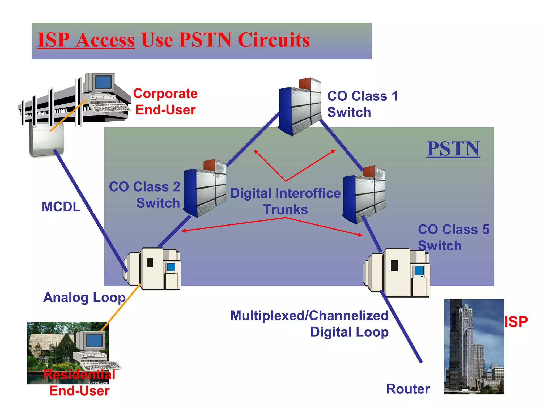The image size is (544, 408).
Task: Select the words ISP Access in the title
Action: pyautogui.click(x=86, y=40)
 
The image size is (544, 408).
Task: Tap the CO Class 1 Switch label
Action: pyautogui.click(x=362, y=104)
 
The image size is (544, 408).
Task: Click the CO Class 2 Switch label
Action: pyautogui.click(x=145, y=195)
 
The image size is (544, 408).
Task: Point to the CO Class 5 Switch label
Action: pyautogui.click(x=453, y=237)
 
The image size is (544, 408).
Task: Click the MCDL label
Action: pyautogui.click(x=61, y=207)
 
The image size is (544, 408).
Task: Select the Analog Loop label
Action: pyautogui.click(x=84, y=297)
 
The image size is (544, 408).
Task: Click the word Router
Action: pyautogui.click(x=408, y=389)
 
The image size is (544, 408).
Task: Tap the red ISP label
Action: pyautogui.click(x=516, y=322)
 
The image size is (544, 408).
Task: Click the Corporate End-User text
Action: pyautogui.click(x=165, y=102)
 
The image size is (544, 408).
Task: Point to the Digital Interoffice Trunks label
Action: pyautogui.click(x=285, y=201)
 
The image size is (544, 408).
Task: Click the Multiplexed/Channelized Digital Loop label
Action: pyautogui.click(x=310, y=324)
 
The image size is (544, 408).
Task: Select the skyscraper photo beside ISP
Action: pyautogui.click(x=474, y=347)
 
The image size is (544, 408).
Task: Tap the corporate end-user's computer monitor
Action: pyautogui.click(x=103, y=82)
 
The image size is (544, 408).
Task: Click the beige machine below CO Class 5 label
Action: pyautogui.click(x=397, y=273)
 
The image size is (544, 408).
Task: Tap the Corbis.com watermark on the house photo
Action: pyautogui.click(x=98, y=382)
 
